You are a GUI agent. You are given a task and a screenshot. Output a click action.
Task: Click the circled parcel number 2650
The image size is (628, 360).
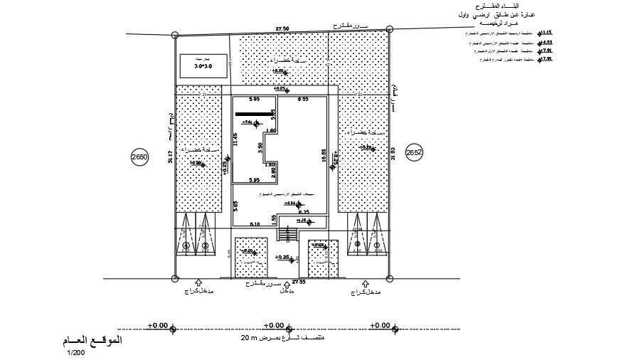click(139, 158)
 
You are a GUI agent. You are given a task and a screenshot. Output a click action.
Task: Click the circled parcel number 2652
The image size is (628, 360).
click(414, 152)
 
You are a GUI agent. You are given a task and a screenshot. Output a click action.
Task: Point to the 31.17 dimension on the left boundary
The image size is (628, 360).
click(170, 158)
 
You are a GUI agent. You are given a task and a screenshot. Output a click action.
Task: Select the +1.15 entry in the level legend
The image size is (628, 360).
click(547, 33)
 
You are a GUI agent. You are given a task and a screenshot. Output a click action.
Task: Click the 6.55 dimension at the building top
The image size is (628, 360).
click(302, 99)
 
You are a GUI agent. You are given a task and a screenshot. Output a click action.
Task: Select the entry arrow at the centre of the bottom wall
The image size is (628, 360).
click(287, 283)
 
